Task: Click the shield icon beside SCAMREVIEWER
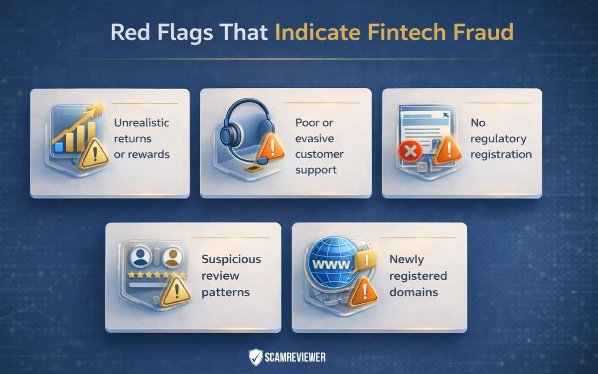click(255, 357)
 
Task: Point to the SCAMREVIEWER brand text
click(295, 358)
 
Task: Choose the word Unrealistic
click(142, 123)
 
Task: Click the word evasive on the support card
click(314, 138)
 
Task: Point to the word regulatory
click(498, 139)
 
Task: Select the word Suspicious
click(231, 259)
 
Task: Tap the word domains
click(414, 292)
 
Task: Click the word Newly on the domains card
click(406, 259)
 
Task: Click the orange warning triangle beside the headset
click(272, 144)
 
